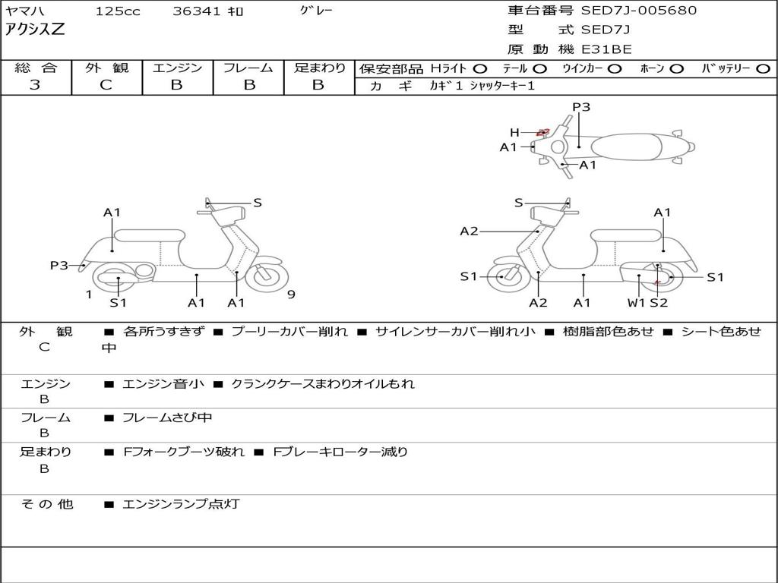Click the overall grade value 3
(x=35, y=85)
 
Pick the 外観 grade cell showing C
(x=106, y=85)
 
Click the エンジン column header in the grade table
(x=177, y=68)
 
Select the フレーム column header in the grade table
(x=248, y=68)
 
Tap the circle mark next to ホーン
(x=677, y=68)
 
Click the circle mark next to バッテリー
(x=764, y=68)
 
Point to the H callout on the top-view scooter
(x=514, y=133)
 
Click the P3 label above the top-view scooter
(x=581, y=107)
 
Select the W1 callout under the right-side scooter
(x=636, y=303)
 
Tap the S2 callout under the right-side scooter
(x=658, y=303)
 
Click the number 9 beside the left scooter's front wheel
(x=291, y=295)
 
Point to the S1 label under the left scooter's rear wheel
(x=118, y=303)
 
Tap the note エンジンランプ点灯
(x=181, y=504)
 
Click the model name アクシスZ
(x=36, y=30)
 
